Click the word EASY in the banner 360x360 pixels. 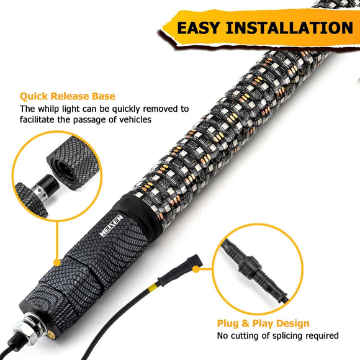[x=199, y=28]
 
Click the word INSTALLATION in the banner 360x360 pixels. [x=289, y=28]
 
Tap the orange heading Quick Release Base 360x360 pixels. [x=68, y=96]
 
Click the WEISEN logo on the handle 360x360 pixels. [x=111, y=226]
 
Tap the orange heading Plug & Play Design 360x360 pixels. [x=263, y=323]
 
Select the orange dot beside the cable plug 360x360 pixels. [x=196, y=269]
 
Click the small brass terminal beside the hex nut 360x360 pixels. [x=51, y=335]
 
